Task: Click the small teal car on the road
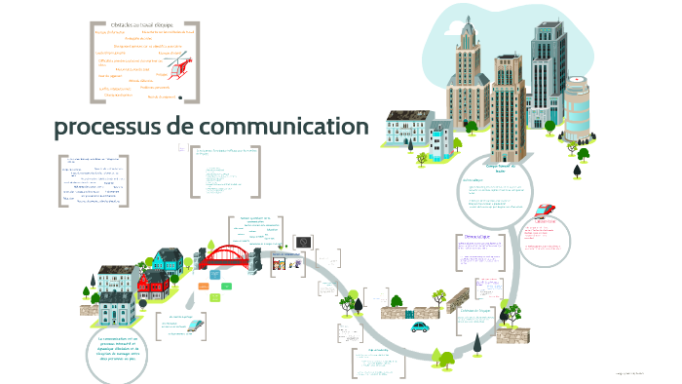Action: (421, 327)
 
